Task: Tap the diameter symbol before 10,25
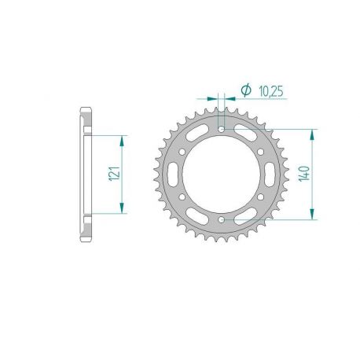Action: coord(246,92)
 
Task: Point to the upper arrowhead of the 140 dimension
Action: coord(314,133)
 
